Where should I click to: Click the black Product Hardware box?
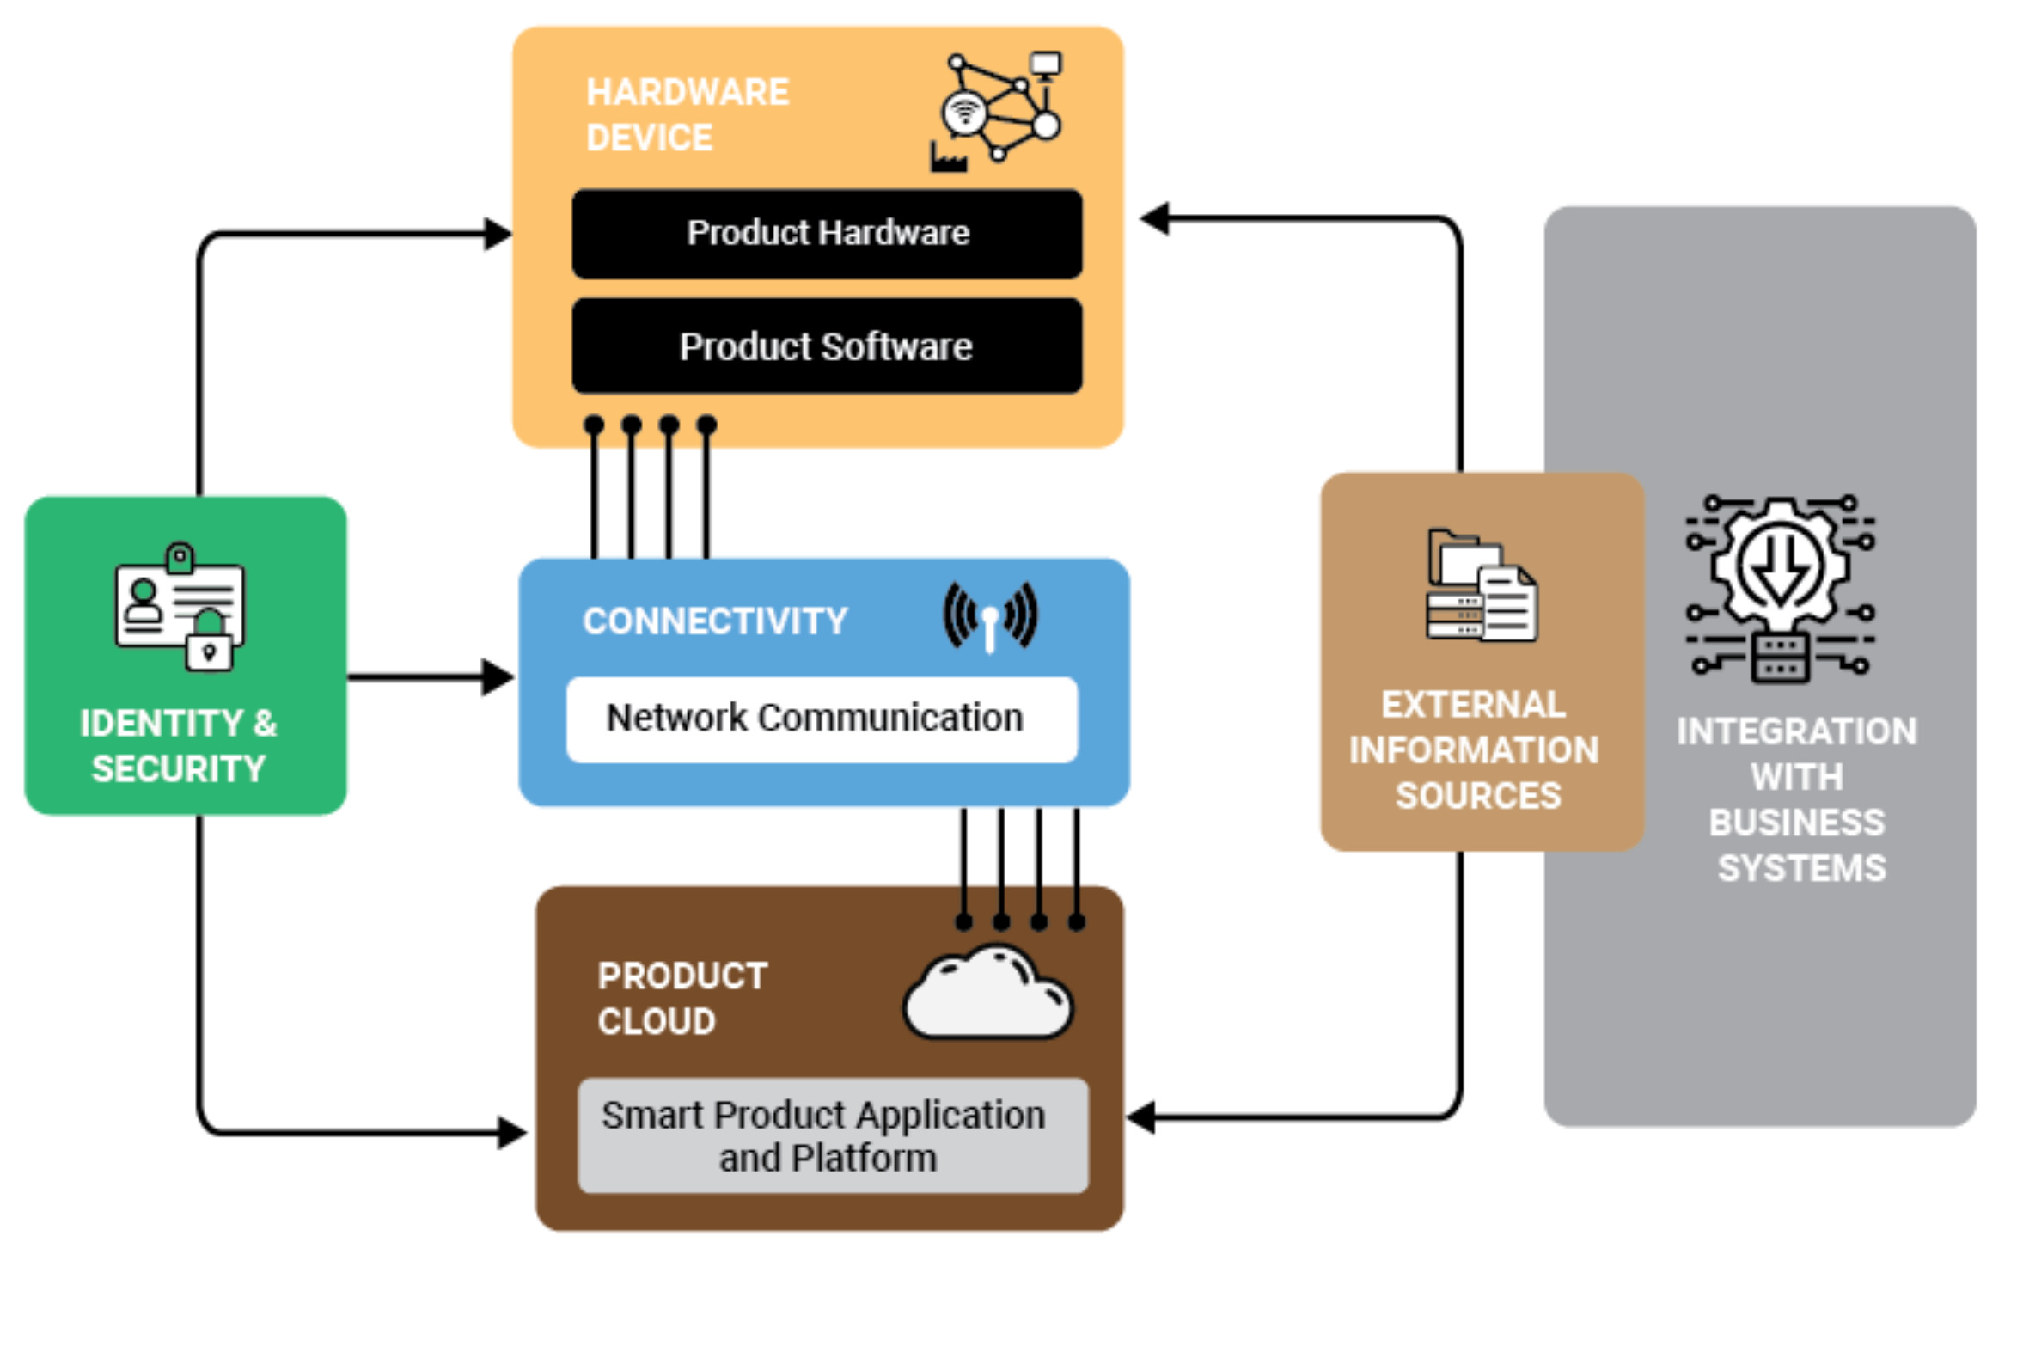click(827, 234)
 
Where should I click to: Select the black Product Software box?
click(827, 346)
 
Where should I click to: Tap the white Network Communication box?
click(822, 719)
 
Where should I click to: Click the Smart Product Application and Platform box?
click(832, 1135)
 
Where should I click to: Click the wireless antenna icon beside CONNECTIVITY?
click(990, 616)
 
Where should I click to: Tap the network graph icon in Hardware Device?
click(997, 110)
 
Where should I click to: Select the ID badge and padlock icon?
click(180, 607)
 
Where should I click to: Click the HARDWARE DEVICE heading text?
click(687, 115)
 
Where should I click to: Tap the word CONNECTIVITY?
click(715, 621)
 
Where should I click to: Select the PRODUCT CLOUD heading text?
click(682, 999)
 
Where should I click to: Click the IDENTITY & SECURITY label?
click(179, 746)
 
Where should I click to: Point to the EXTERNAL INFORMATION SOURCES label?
click(1475, 750)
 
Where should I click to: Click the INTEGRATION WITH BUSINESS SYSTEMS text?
click(1798, 799)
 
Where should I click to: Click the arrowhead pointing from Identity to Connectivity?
click(498, 677)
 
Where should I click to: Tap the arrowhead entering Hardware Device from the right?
click(1155, 218)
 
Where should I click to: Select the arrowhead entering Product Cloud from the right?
click(1141, 1117)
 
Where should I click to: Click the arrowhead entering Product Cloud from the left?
click(512, 1133)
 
